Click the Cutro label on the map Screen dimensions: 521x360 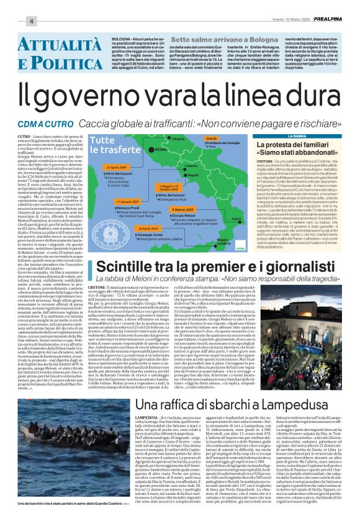point(253,219)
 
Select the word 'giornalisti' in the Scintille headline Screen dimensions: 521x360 point(303,268)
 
